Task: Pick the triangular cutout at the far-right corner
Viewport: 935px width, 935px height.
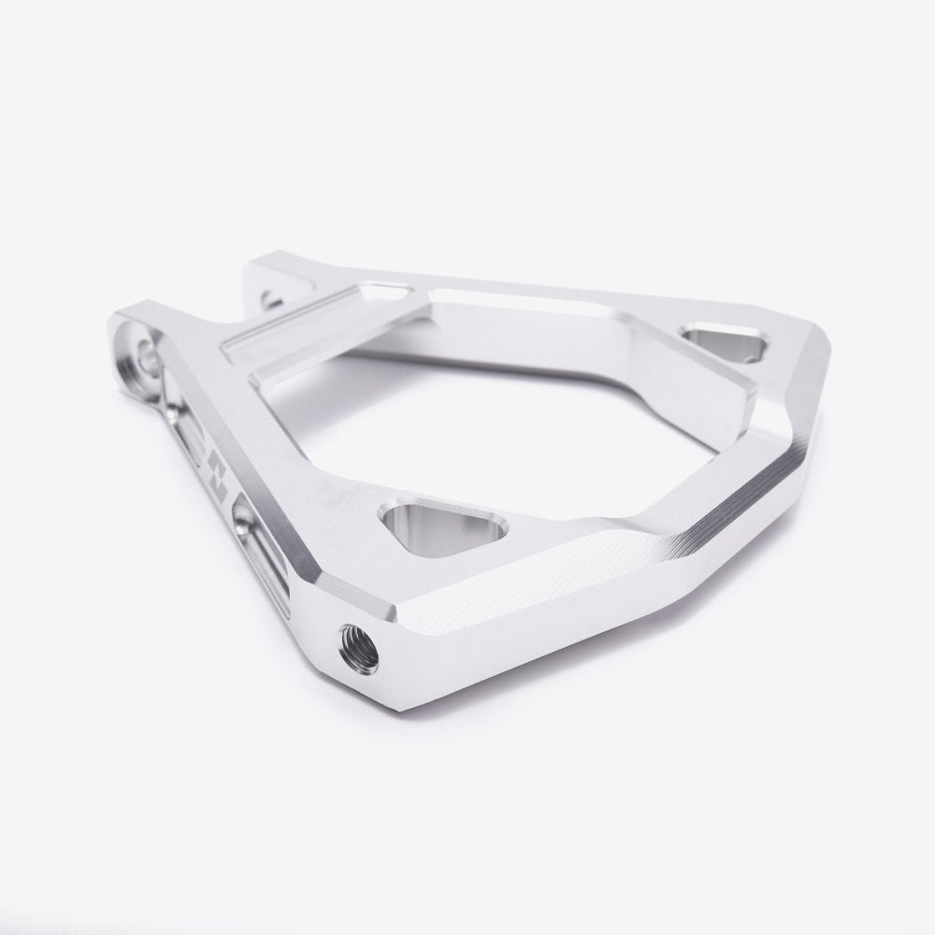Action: pyautogui.click(x=726, y=342)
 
